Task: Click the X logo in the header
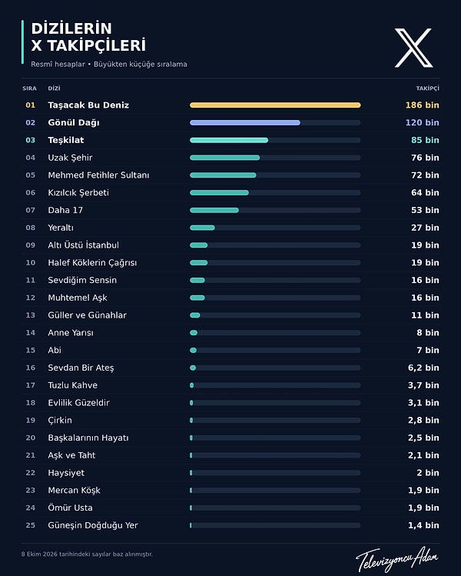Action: [x=413, y=48]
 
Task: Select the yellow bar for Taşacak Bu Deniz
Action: [x=275, y=105]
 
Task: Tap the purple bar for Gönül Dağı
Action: [x=245, y=123]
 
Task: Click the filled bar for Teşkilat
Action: [x=229, y=140]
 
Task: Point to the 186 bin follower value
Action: [x=422, y=105]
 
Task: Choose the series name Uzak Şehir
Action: [x=70, y=158]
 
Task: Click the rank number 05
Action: [x=31, y=175]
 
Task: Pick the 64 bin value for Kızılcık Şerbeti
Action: [x=425, y=192]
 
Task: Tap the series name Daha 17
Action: [x=65, y=210]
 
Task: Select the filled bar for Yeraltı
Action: [x=202, y=228]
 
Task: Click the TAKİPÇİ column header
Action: [x=428, y=88]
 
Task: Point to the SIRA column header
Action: [x=29, y=88]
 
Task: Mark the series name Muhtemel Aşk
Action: [x=78, y=298]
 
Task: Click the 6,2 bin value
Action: [x=423, y=368]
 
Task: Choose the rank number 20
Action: [x=31, y=438]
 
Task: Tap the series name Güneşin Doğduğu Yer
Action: [x=93, y=526]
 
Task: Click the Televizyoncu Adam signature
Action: [x=397, y=558]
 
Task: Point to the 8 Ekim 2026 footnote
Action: [x=87, y=554]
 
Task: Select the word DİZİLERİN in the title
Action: [x=71, y=28]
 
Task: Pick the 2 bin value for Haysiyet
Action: [x=428, y=473]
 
